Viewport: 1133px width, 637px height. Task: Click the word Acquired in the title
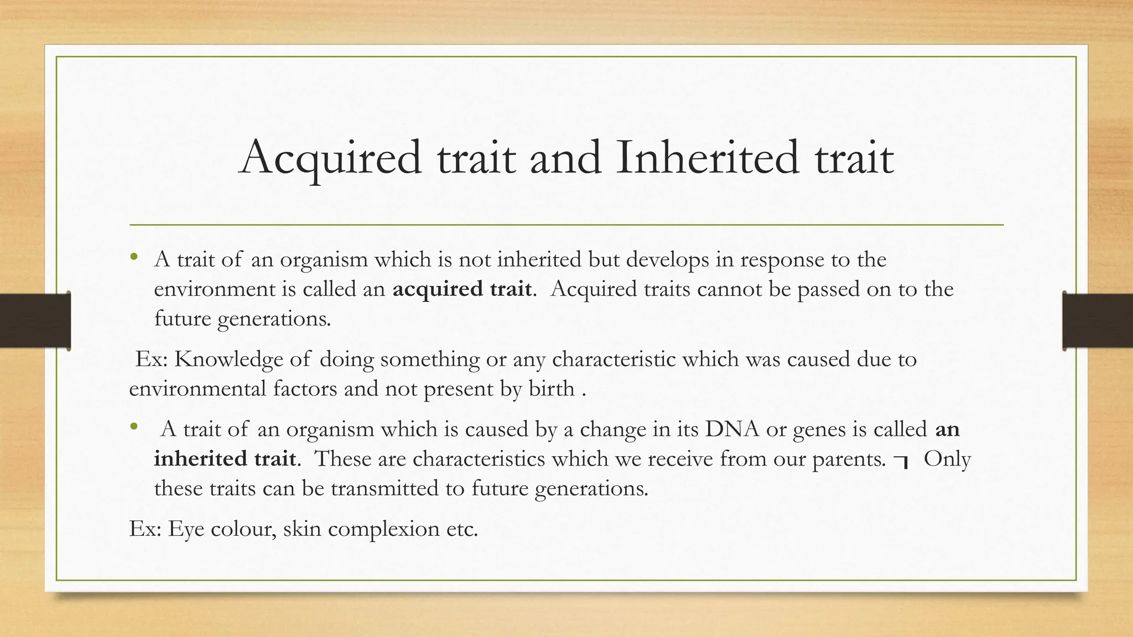(331, 159)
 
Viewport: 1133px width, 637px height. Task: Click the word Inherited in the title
(708, 159)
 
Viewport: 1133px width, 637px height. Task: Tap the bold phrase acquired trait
(462, 289)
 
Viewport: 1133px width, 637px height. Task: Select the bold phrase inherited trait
(225, 459)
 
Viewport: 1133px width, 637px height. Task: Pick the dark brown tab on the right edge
(1097, 321)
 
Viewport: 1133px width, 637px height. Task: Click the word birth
(551, 389)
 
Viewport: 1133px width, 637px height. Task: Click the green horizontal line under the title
(566, 225)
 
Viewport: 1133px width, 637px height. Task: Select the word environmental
(198, 389)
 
